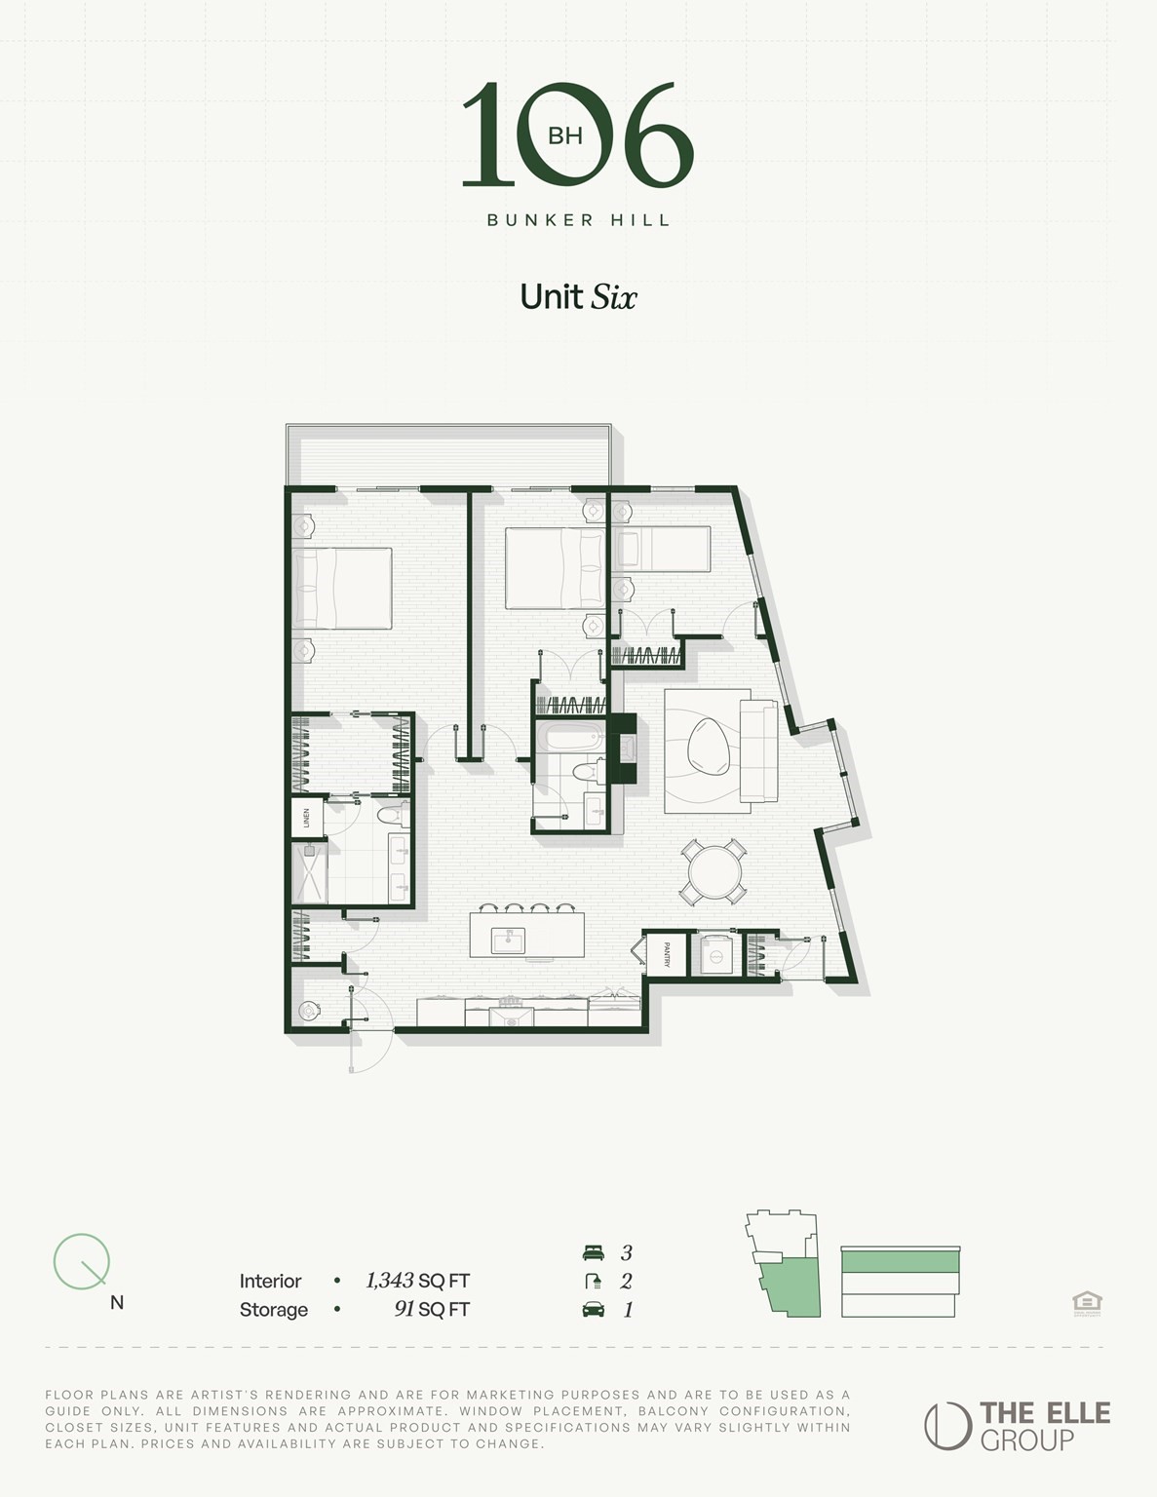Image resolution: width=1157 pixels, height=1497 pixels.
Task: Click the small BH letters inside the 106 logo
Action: (565, 135)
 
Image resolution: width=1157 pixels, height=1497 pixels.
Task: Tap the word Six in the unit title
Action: (613, 296)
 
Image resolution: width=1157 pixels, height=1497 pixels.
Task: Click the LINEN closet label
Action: (306, 818)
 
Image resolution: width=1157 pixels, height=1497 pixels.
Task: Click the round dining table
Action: (714, 871)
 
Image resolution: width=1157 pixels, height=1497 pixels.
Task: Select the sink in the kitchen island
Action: (509, 940)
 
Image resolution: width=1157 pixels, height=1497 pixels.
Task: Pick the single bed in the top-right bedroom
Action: (662, 549)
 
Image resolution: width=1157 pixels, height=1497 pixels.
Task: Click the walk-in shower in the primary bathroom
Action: (310, 872)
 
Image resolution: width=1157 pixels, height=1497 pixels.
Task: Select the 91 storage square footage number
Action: (405, 1309)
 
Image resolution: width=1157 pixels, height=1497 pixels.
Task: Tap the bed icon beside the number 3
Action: (593, 1253)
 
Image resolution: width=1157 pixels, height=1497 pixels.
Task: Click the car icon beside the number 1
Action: (593, 1309)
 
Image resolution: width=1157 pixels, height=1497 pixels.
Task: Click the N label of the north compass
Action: (117, 1302)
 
